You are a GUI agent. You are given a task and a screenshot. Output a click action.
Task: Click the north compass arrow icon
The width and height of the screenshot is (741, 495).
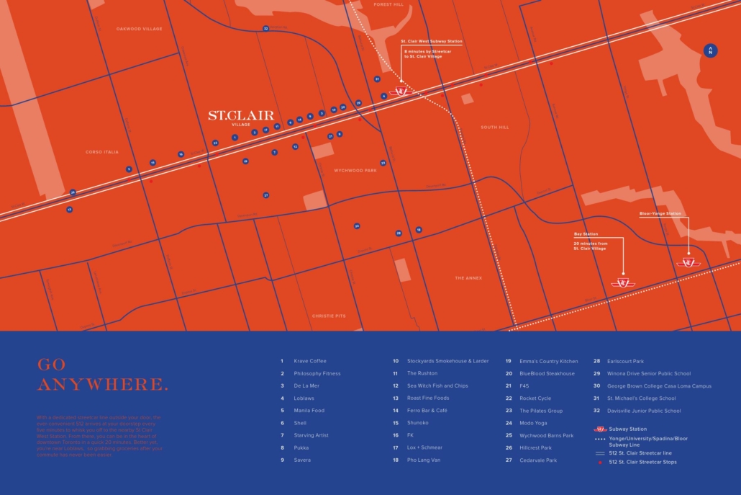pyautogui.click(x=710, y=50)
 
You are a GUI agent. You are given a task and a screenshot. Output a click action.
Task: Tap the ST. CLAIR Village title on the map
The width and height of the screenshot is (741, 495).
pyautogui.click(x=230, y=115)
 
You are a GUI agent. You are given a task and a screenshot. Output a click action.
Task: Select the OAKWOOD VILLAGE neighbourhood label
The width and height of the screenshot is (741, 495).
pyautogui.click(x=140, y=29)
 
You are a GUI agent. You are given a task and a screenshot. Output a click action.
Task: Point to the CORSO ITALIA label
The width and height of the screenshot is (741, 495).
pyautogui.click(x=101, y=152)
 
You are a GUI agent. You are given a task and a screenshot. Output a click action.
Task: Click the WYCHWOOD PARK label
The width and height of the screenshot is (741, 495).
pyautogui.click(x=355, y=171)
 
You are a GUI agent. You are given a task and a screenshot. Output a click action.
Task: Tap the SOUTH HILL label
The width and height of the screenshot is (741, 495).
pyautogui.click(x=494, y=128)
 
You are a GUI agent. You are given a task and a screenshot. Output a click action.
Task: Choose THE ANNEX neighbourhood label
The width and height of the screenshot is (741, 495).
pyautogui.click(x=468, y=278)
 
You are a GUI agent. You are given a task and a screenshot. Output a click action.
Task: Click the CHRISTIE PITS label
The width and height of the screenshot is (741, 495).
pyautogui.click(x=329, y=316)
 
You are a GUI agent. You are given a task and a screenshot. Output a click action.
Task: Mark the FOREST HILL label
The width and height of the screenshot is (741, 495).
pyautogui.click(x=388, y=4)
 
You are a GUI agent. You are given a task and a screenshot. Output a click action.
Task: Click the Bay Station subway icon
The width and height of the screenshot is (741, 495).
pyautogui.click(x=619, y=282)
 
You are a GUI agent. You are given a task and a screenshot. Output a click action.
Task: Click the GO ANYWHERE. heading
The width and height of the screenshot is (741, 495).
pyautogui.click(x=102, y=375)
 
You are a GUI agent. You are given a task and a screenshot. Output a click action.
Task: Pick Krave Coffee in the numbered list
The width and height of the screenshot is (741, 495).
pyautogui.click(x=309, y=361)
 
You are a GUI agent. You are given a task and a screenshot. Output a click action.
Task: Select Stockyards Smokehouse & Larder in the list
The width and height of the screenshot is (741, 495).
pyautogui.click(x=447, y=361)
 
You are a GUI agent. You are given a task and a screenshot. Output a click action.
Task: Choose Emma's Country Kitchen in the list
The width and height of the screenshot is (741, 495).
pyautogui.click(x=548, y=361)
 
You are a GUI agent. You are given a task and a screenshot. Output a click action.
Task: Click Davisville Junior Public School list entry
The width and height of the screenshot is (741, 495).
pyautogui.click(x=643, y=411)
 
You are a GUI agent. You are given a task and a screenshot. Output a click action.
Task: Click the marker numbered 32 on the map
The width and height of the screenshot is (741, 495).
pyautogui.click(x=265, y=29)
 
